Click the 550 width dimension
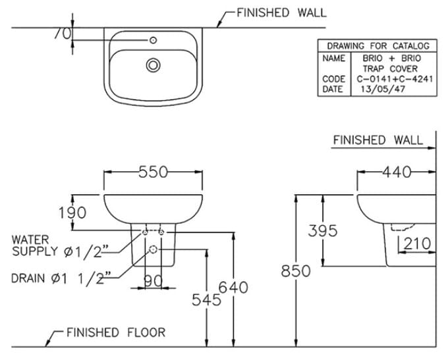point(153,172)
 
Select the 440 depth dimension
point(397,172)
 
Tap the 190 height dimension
point(72,213)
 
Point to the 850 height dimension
point(296,270)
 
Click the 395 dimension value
point(323,230)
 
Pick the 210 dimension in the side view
point(417,244)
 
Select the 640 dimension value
point(233,287)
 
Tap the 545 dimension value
point(206,299)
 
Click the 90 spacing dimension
point(153,281)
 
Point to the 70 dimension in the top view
point(63,34)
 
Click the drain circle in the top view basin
point(153,65)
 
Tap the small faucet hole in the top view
point(153,40)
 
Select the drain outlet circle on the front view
point(153,249)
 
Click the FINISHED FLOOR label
point(116,332)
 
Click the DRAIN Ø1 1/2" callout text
point(61,278)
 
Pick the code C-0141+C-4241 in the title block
point(395,79)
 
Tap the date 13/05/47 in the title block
point(383,90)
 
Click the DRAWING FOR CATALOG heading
point(378,46)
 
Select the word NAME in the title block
point(333,59)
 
